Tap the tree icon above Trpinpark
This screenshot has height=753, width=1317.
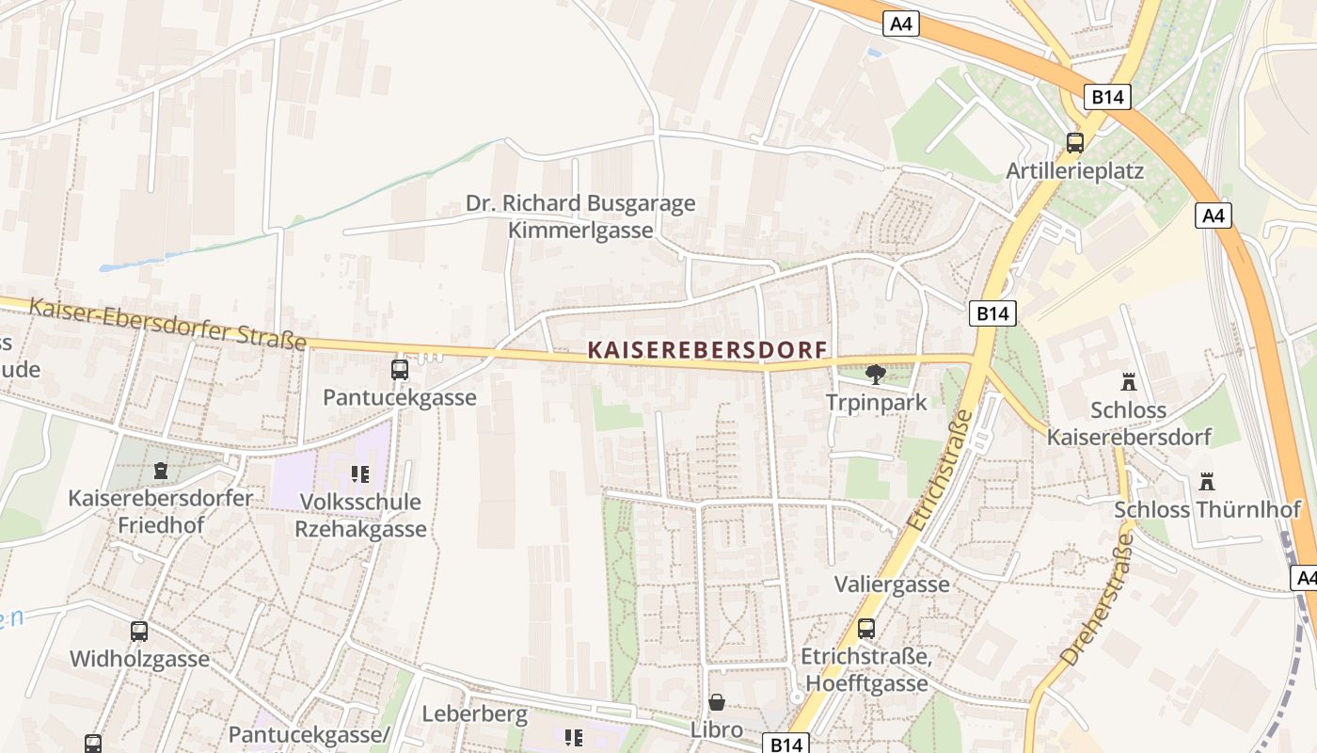[x=875, y=375]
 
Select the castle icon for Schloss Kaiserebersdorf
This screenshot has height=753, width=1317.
[x=1128, y=382]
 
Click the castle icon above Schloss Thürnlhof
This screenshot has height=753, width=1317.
[x=1207, y=482]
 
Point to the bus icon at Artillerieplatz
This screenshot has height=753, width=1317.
[x=1074, y=143]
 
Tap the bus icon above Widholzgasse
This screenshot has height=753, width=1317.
[x=139, y=631]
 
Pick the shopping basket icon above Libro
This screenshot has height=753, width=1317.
[x=717, y=702]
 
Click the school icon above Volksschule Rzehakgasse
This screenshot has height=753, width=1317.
[x=359, y=473]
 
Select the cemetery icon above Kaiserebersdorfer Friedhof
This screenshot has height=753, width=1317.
[x=160, y=469]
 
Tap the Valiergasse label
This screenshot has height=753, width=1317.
[x=892, y=585]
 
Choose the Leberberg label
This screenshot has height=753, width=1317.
[x=474, y=714]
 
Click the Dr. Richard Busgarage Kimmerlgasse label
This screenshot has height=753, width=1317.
[x=580, y=216]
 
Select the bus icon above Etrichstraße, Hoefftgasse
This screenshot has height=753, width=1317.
[x=865, y=628]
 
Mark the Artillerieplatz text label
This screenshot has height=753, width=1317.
[x=1074, y=170]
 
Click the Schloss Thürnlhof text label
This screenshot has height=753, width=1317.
[x=1207, y=509]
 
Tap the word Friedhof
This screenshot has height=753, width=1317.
[x=160, y=525]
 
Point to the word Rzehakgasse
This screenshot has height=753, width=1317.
[x=360, y=529]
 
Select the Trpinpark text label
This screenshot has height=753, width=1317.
[x=876, y=402]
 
